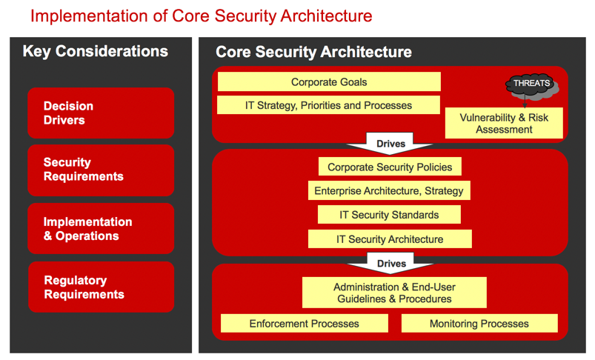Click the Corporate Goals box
coord(329,81)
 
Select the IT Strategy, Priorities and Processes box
coord(328,105)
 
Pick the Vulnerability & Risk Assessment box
coord(504,123)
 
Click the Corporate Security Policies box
coord(390,167)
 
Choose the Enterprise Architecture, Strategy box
coord(389,190)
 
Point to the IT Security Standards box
coord(389,215)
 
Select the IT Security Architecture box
coord(390,239)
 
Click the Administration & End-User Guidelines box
coord(394,293)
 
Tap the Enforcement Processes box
coord(305,323)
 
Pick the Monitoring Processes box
coord(479,323)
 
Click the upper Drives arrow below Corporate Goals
coord(390,144)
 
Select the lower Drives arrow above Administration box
coord(390,263)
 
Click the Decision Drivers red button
coord(101,113)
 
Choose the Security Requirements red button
coord(101,170)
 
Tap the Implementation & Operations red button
coord(101,228)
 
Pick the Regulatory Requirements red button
coord(102,287)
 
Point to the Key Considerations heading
coord(96,51)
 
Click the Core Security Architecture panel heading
coord(314,52)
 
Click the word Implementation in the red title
coord(90,16)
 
